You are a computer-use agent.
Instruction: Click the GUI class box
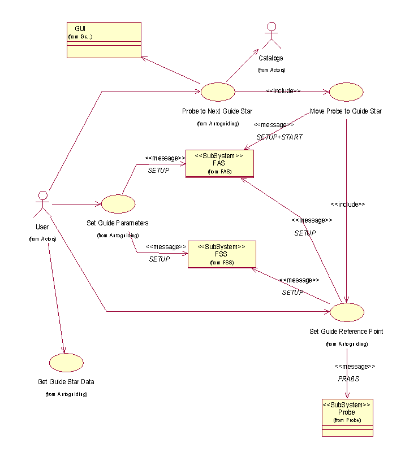104,40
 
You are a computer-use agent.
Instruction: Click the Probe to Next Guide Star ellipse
218,91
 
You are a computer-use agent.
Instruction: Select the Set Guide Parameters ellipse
118,204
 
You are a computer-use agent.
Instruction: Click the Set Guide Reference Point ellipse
347,311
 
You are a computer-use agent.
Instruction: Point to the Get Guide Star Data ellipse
66,363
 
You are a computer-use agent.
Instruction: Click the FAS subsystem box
219,164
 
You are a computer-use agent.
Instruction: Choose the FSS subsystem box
222,254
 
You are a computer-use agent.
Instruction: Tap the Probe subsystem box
347,417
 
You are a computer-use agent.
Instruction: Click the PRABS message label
348,379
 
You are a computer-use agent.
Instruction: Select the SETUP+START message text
279,137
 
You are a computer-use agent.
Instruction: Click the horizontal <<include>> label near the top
283,90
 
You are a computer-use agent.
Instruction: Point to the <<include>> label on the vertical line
348,204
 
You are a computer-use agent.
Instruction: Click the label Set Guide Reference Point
346,332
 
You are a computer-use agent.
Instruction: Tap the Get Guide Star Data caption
66,382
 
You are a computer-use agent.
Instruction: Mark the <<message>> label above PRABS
355,366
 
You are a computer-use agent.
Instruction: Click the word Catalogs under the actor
271,58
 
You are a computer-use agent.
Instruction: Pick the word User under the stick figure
41,227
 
